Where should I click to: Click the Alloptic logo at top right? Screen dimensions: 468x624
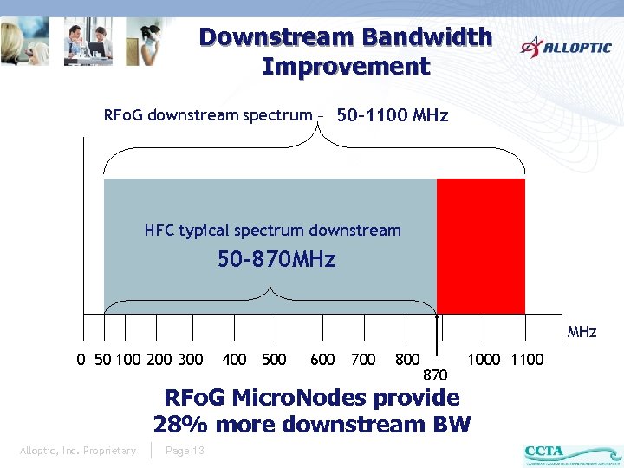click(566, 46)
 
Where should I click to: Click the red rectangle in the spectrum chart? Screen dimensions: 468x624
click(481, 245)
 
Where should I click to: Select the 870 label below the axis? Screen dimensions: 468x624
click(435, 374)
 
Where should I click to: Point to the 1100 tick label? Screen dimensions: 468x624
click(527, 359)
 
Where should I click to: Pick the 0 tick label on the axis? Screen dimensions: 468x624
click(81, 359)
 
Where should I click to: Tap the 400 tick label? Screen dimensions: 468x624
click(234, 359)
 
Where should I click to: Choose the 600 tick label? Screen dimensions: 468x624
click(322, 359)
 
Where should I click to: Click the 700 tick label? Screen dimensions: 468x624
click(363, 359)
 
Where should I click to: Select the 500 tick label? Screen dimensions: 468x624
click(274, 359)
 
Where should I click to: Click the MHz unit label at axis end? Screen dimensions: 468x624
click(582, 332)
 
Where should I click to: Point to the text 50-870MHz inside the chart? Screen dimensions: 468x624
click(276, 259)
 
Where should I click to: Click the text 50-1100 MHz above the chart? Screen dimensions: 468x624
click(392, 115)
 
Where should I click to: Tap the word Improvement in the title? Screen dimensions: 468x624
click(346, 66)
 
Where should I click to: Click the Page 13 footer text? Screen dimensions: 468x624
click(185, 451)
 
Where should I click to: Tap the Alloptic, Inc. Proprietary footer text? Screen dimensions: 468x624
click(78, 451)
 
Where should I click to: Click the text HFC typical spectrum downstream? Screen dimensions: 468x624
click(272, 231)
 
